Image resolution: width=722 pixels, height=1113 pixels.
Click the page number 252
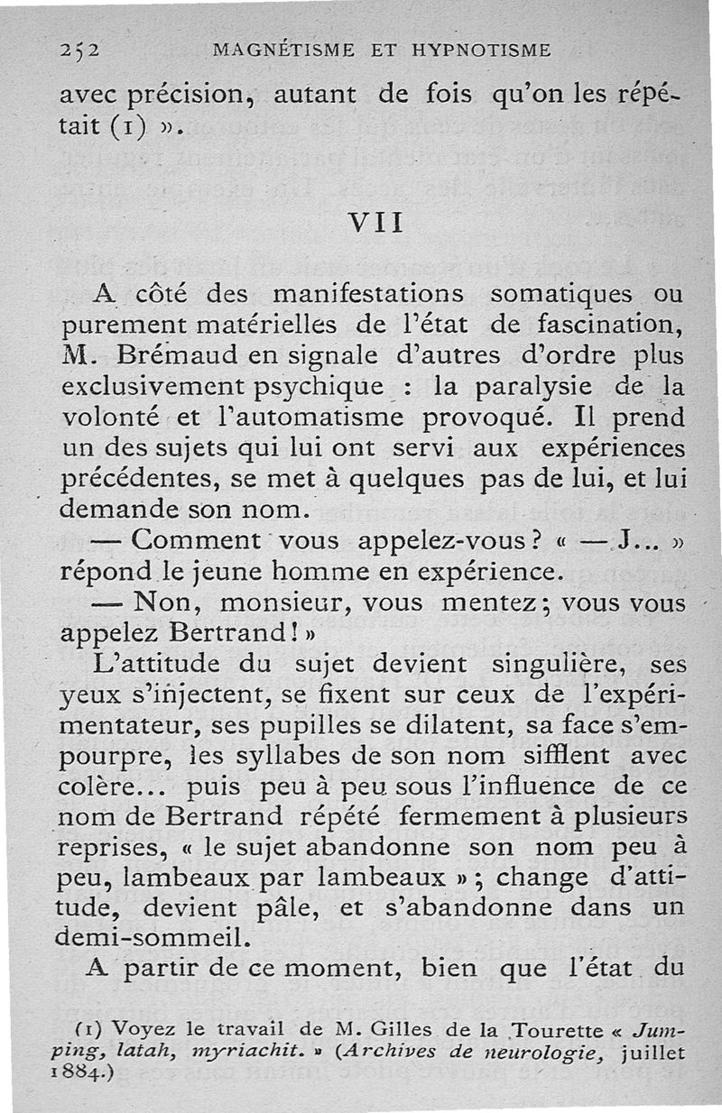tap(79, 50)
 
